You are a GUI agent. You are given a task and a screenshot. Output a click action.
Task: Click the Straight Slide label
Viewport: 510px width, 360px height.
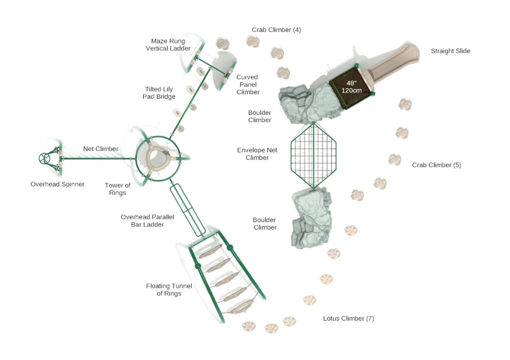pyautogui.click(x=450, y=51)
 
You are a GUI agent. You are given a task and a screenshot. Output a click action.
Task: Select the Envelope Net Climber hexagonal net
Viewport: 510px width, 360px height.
pyautogui.click(x=313, y=156)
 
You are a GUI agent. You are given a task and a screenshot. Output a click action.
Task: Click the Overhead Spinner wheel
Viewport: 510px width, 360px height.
pyautogui.click(x=44, y=159)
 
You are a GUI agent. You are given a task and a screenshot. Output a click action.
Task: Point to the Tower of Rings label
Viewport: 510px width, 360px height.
pyautogui.click(x=117, y=189)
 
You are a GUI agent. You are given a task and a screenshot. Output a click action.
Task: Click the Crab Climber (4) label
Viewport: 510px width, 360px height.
pyautogui.click(x=276, y=30)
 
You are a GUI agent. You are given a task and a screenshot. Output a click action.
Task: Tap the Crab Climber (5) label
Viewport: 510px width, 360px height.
pyautogui.click(x=436, y=165)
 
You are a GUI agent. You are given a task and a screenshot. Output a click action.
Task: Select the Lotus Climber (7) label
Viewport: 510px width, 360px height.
pyautogui.click(x=349, y=319)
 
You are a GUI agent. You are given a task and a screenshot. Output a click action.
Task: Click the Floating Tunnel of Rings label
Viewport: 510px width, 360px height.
pyautogui.click(x=169, y=290)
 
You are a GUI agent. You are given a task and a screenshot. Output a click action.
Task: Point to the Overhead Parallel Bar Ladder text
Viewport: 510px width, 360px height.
pyautogui.click(x=147, y=221)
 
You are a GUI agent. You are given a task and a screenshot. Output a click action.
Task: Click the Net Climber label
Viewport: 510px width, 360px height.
pyautogui.click(x=101, y=149)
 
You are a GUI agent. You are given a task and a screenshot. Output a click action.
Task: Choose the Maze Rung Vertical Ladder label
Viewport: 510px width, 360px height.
pyautogui.click(x=168, y=45)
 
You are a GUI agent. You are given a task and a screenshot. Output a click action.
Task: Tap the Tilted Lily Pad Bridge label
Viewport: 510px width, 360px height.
pyautogui.click(x=160, y=93)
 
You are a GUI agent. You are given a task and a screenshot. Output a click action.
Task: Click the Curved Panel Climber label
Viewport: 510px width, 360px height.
pyautogui.click(x=248, y=85)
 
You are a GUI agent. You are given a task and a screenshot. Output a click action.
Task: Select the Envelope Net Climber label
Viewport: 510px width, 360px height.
pyautogui.click(x=257, y=154)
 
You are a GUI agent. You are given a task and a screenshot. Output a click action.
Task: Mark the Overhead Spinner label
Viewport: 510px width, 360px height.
pyautogui.click(x=57, y=185)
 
